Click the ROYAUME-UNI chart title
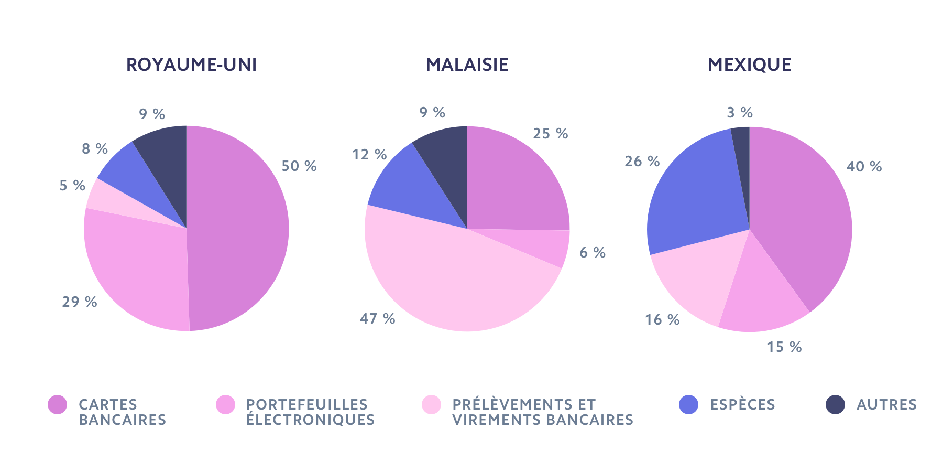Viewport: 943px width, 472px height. click(191, 65)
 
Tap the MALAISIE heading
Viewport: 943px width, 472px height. click(467, 65)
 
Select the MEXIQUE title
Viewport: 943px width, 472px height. click(749, 65)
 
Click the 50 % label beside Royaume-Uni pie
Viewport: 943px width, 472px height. click(299, 166)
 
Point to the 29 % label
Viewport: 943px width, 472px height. click(80, 302)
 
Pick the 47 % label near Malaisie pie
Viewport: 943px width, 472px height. click(377, 318)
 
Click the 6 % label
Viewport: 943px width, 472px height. click(593, 253)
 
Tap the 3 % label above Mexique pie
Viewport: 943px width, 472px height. click(740, 112)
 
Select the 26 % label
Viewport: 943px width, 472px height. click(642, 161)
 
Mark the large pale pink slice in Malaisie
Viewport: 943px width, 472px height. click(451, 278)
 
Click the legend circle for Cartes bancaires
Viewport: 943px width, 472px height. click(57, 404)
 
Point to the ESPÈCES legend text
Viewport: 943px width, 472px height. click(742, 404)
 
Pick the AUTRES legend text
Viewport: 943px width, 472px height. click(886, 404)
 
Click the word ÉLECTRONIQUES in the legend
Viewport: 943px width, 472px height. click(310, 420)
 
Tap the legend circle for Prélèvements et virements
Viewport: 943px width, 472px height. click(431, 404)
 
